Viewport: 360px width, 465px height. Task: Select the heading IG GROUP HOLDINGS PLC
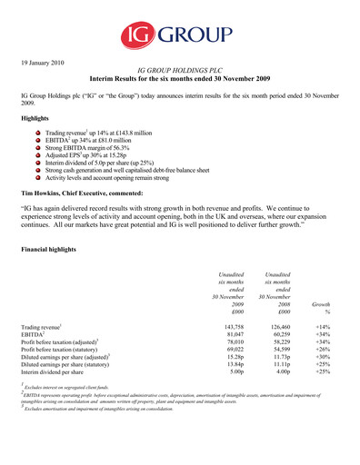180,69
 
